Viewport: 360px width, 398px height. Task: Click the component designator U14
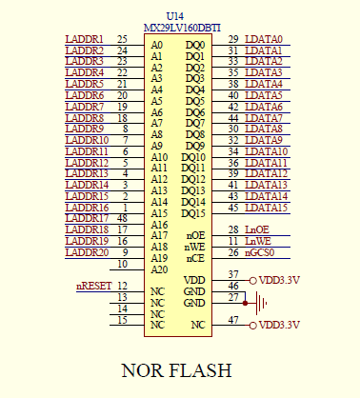[175, 16]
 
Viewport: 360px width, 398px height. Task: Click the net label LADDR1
[85, 39]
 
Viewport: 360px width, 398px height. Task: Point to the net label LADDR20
[87, 252]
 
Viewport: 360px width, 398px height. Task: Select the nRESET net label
[93, 286]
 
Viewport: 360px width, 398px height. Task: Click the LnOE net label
[258, 229]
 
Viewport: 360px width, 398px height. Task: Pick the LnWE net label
[259, 241]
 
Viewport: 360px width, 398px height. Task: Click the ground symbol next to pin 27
[261, 303]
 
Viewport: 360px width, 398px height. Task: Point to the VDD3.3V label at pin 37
[278, 280]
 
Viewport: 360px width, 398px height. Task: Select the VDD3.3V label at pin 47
[278, 326]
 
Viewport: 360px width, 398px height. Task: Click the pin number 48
[122, 218]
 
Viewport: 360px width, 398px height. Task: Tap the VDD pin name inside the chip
[194, 280]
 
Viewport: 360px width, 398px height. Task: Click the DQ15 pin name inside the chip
[194, 213]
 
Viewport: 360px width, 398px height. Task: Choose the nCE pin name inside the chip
[195, 258]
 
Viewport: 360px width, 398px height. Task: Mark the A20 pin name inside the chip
[160, 269]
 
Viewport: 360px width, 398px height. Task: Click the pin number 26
[233, 252]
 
